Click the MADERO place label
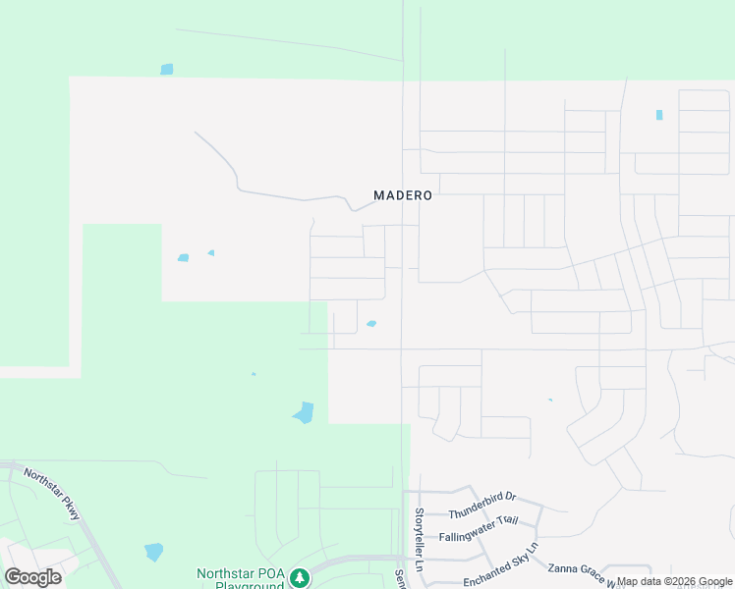tap(403, 195)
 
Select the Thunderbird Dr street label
tap(482, 506)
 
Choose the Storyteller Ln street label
tap(419, 541)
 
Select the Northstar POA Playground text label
tap(241, 578)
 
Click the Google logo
tap(33, 576)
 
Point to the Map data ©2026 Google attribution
tap(675, 582)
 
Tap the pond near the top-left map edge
tap(167, 70)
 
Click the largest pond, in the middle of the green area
tap(304, 413)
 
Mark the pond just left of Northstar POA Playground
tap(154, 552)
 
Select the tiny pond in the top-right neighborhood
tap(659, 115)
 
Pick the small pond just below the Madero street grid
tap(371, 324)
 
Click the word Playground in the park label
tap(241, 585)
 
